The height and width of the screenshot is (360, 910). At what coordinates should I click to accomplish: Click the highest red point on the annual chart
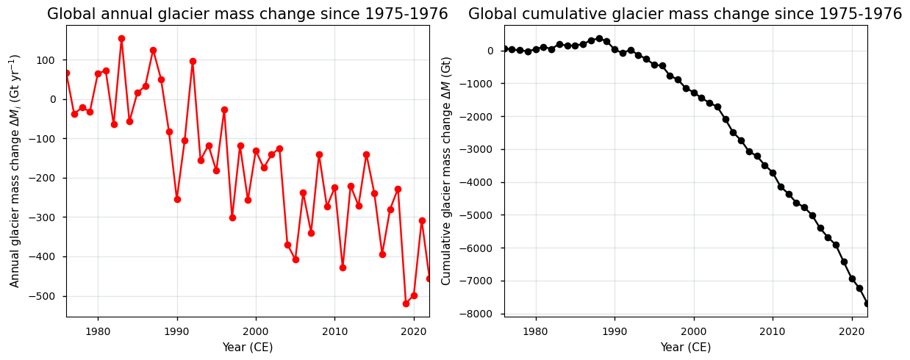click(x=121, y=38)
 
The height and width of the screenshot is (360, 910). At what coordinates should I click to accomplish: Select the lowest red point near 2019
click(x=406, y=303)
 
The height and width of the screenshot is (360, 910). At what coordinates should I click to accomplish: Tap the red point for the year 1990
click(x=177, y=199)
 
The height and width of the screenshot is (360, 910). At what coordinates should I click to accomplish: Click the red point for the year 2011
click(x=343, y=267)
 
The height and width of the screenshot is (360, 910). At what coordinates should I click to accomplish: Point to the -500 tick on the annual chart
click(x=50, y=296)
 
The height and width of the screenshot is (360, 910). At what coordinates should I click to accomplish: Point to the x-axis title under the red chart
click(x=248, y=347)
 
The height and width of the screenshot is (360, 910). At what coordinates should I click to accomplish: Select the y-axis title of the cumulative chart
click(x=446, y=170)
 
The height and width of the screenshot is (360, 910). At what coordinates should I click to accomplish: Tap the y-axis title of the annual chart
click(x=15, y=170)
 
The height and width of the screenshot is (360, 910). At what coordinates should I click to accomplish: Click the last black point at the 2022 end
click(x=867, y=303)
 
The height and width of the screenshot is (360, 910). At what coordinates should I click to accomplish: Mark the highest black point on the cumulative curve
click(x=599, y=38)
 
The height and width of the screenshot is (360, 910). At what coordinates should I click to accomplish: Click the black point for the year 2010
click(x=773, y=173)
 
